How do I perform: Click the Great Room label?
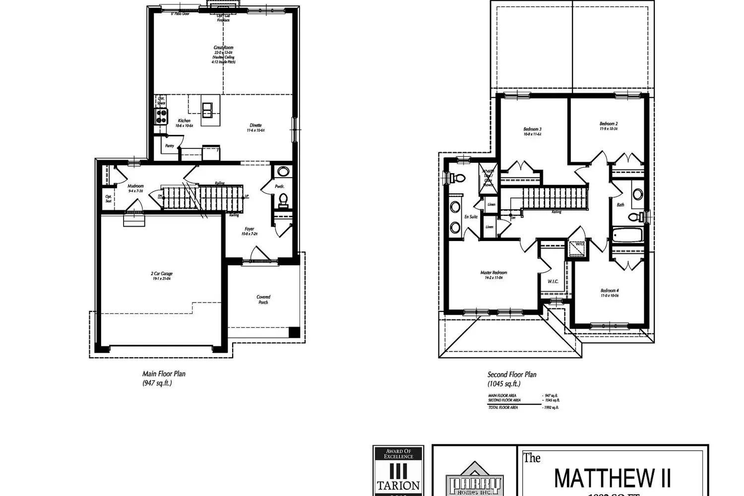tap(223, 48)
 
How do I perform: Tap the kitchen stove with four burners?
tap(162, 116)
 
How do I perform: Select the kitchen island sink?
tap(207, 109)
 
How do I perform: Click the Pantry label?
tap(170, 146)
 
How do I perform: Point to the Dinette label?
tap(255, 125)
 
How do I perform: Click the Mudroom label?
tap(135, 186)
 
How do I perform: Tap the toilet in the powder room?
tap(283, 199)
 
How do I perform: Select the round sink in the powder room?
tap(283, 172)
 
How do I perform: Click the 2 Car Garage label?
tap(162, 274)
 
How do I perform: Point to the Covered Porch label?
tap(263, 300)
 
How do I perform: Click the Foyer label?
tap(249, 229)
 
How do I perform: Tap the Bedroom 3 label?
tap(532, 129)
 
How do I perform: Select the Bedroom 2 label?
tap(608, 124)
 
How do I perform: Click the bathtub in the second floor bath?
tap(627, 235)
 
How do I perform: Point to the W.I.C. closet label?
tap(553, 281)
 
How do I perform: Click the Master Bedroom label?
tap(494, 273)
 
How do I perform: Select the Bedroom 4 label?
tap(609, 291)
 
